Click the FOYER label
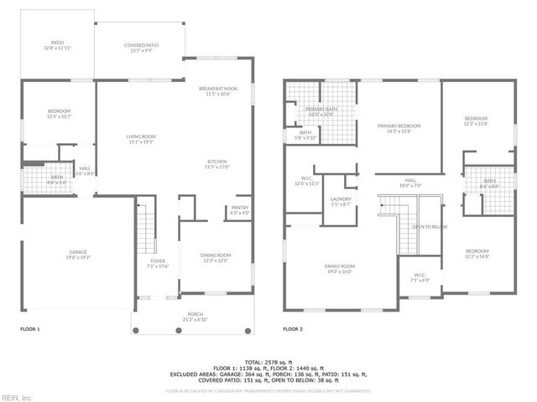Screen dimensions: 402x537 tap(158, 264)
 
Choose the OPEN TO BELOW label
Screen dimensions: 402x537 tap(429, 227)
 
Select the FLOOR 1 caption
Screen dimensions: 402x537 tap(30, 329)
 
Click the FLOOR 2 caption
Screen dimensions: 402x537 tap(293, 329)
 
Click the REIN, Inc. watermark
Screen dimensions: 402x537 tap(17, 397)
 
